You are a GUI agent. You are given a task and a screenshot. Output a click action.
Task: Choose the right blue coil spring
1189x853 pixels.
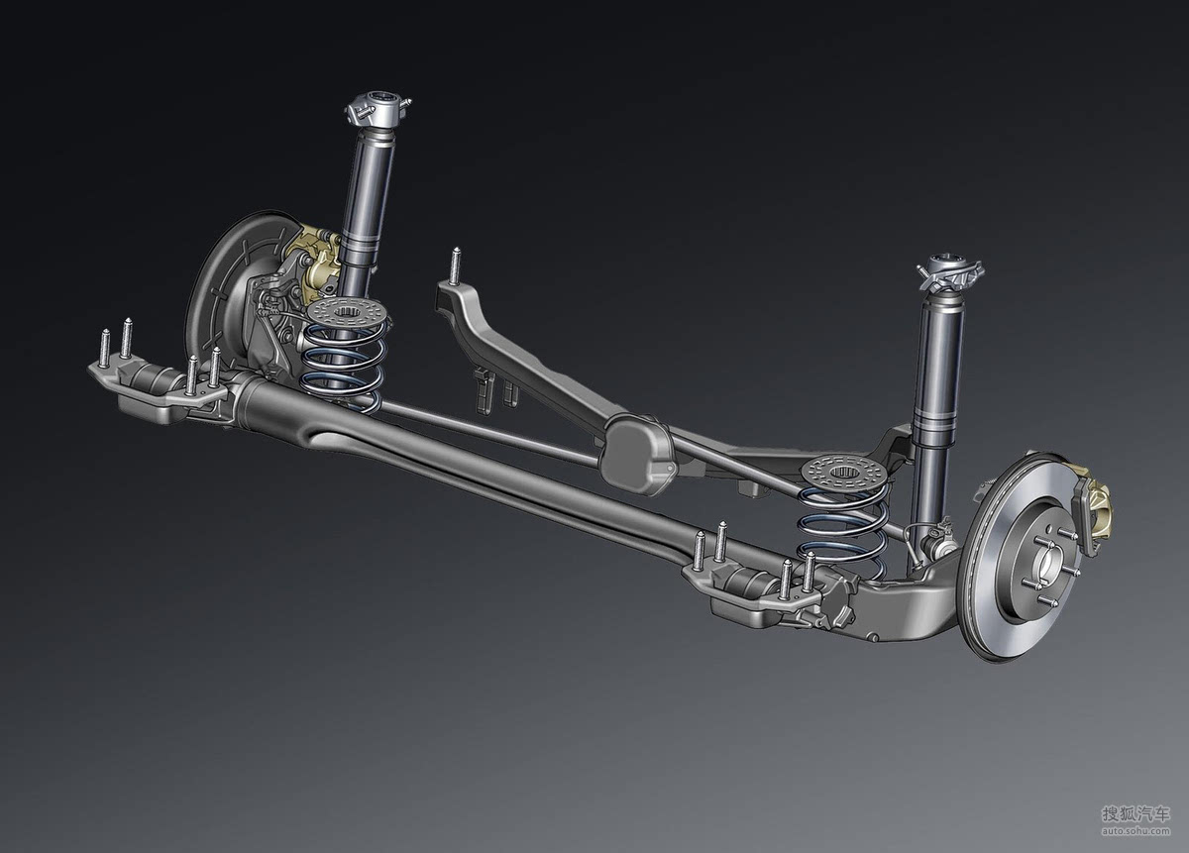[843, 531]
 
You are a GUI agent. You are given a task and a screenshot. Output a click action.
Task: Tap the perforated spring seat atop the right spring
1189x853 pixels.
[843, 473]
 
